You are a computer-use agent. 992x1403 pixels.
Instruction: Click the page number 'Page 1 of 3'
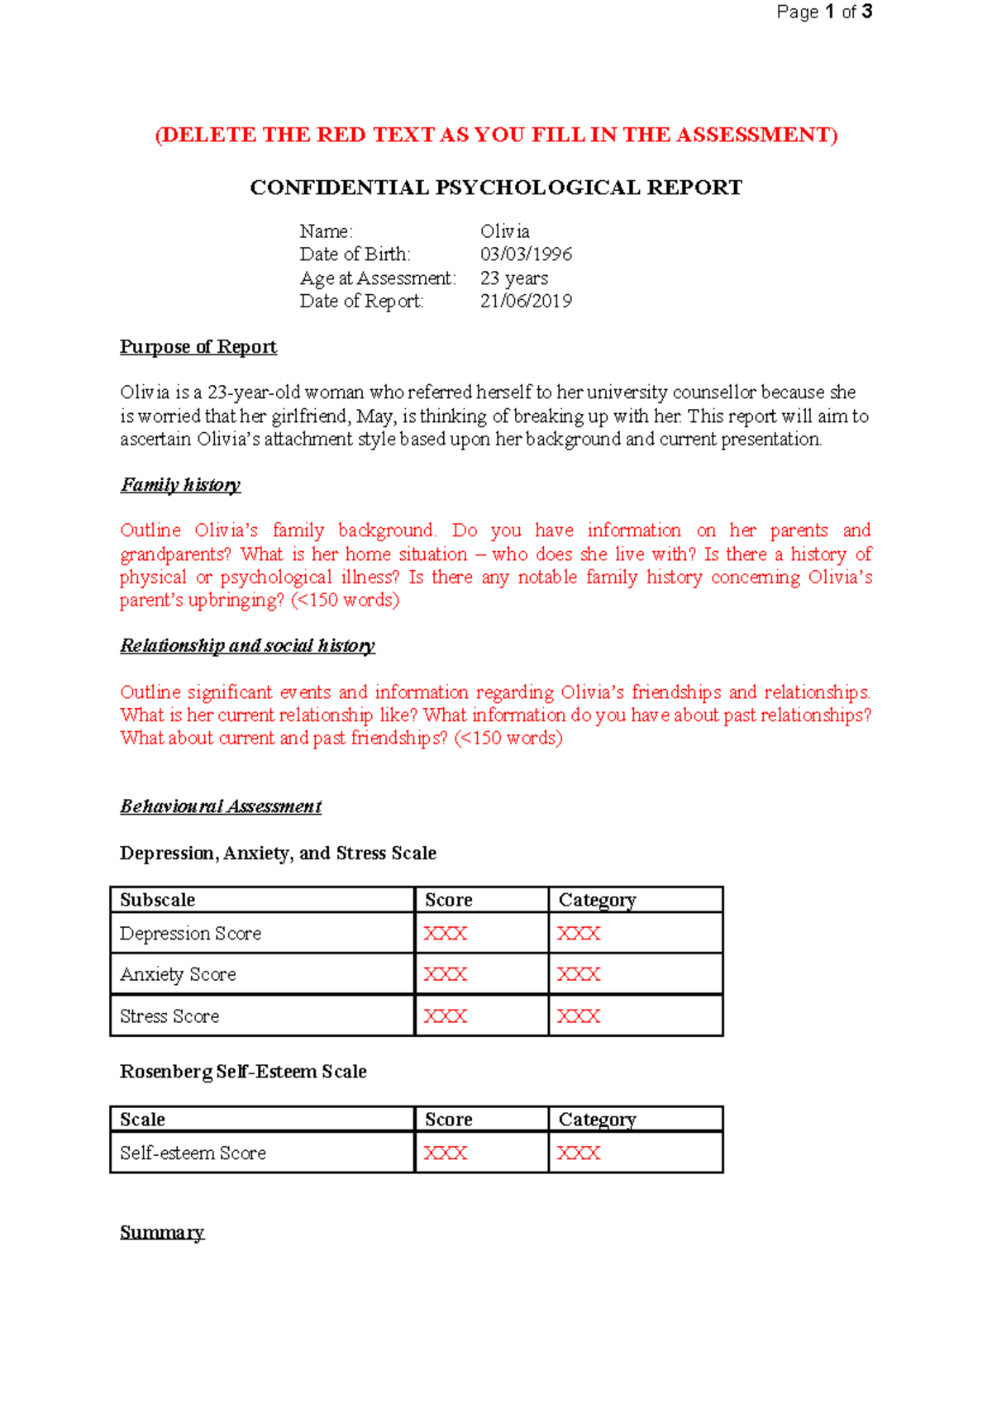click(823, 12)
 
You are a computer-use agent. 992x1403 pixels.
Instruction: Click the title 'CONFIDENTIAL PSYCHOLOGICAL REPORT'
click(496, 188)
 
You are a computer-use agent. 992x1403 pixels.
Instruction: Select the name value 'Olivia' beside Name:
click(504, 231)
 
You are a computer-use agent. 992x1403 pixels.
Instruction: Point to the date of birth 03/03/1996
click(526, 254)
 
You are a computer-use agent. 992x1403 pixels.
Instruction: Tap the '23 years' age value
click(513, 278)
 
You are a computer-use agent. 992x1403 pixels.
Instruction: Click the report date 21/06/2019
click(526, 302)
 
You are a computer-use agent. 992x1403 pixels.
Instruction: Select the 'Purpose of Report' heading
click(198, 347)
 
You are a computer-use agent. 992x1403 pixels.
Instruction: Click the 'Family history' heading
click(180, 485)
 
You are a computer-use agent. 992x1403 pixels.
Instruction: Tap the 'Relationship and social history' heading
click(247, 645)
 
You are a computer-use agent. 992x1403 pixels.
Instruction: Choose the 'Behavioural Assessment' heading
click(220, 806)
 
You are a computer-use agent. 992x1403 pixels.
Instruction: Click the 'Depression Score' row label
click(190, 934)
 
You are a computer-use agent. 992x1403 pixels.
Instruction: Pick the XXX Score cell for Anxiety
click(445, 975)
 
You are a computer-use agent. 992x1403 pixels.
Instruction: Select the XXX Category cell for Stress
click(578, 1016)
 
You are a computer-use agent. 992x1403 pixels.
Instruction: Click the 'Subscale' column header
click(157, 900)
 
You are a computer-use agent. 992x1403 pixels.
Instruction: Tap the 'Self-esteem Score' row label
click(193, 1153)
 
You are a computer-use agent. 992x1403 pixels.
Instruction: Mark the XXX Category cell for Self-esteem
click(578, 1153)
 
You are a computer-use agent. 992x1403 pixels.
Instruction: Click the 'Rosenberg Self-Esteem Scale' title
click(243, 1072)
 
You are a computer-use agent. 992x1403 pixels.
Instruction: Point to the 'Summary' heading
click(161, 1233)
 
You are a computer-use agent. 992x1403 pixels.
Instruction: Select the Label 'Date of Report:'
click(361, 302)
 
